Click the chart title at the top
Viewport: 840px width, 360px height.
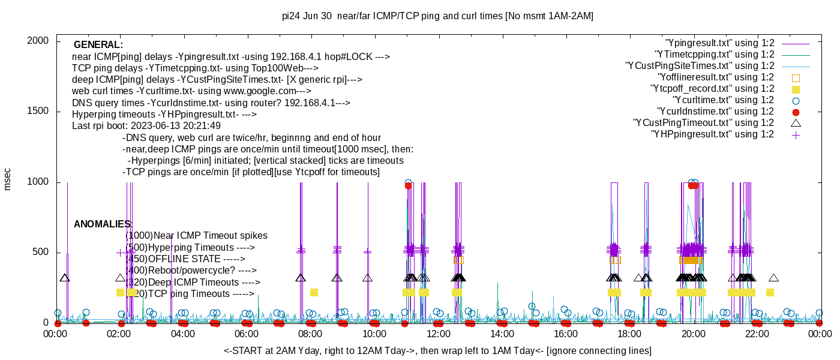[437, 16]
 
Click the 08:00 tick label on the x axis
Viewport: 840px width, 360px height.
[310, 334]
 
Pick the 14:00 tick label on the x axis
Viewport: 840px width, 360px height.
[502, 334]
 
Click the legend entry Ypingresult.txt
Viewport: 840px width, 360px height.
[720, 43]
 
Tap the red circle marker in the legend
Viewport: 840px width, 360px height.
[796, 112]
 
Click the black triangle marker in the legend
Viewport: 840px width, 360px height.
[796, 123]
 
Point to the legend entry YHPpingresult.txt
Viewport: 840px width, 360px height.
[713, 134]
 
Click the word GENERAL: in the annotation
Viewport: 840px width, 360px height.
[98, 45]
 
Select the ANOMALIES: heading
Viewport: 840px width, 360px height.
[103, 224]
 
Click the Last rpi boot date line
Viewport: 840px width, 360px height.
[146, 126]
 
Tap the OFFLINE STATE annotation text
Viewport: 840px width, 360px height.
[186, 259]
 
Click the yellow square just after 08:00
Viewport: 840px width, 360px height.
[314, 292]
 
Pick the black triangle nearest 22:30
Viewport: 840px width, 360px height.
[774, 278]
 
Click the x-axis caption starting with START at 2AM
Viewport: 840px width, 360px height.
[437, 350]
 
